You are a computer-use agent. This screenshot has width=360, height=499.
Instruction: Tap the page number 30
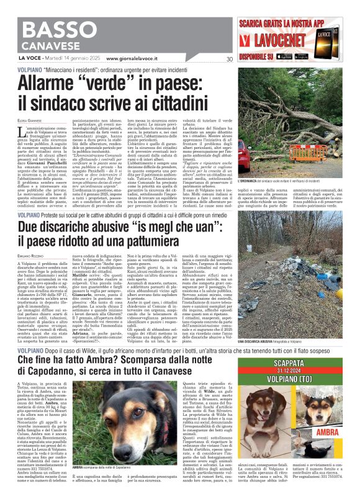(230, 59)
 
